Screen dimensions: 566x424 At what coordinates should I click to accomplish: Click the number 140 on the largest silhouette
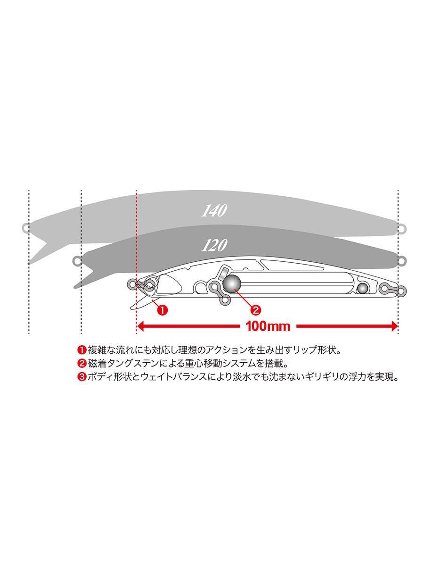pos(214,211)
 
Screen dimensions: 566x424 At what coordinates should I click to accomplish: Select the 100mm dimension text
pos(267,326)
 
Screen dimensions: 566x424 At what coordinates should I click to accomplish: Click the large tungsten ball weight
pos(232,283)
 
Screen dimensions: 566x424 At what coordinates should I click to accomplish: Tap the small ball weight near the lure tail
pos(362,289)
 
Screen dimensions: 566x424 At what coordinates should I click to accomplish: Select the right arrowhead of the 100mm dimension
pos(394,326)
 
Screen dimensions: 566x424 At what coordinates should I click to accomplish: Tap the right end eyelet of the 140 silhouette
pos(401,228)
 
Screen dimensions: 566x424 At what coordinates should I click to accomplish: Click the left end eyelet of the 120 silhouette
pos(77,260)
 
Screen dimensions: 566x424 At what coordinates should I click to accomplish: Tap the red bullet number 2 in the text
pos(81,364)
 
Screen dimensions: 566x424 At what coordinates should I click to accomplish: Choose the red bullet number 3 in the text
pos(81,377)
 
